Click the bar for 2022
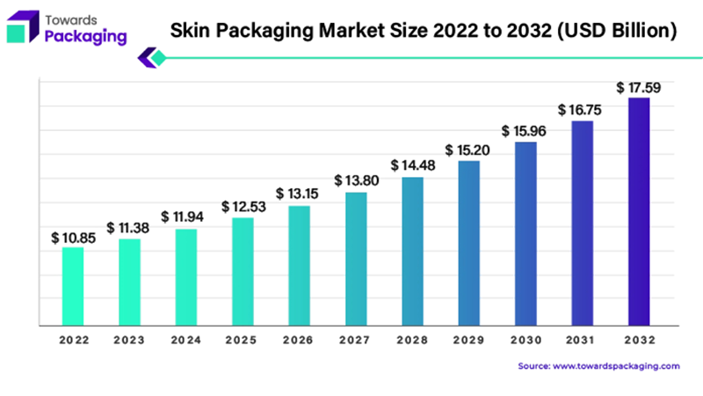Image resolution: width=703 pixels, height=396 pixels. click(x=73, y=286)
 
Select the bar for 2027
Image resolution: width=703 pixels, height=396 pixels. click(x=356, y=259)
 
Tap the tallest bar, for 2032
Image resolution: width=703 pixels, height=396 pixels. click(x=639, y=211)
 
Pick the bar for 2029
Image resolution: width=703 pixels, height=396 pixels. click(x=469, y=243)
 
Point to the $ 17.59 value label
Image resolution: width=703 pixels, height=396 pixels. click(x=638, y=87)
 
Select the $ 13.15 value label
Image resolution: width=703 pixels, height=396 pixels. click(x=299, y=194)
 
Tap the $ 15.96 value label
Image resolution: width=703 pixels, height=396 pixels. click(x=525, y=130)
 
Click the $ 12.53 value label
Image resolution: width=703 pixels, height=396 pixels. click(x=243, y=206)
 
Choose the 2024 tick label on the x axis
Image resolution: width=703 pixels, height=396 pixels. click(x=186, y=340)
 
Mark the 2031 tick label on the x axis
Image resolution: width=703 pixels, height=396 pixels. click(x=582, y=340)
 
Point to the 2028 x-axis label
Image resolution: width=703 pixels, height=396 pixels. click(x=412, y=340)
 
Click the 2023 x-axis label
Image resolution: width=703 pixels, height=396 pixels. click(x=129, y=340)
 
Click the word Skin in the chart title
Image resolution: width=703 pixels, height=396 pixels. click(x=188, y=32)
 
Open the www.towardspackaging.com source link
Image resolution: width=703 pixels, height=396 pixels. click(x=615, y=365)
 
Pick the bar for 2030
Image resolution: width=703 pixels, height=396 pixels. click(x=525, y=233)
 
